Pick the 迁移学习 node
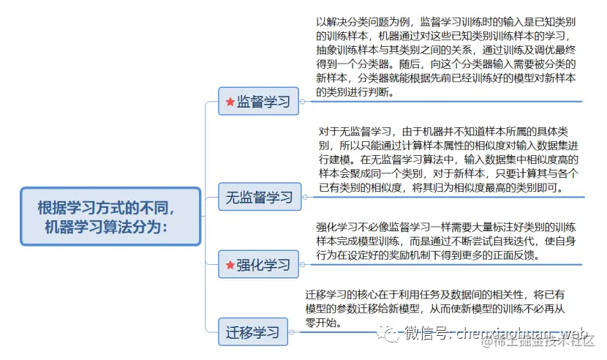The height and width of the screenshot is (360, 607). click(x=252, y=332)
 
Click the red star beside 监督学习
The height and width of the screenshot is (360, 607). click(x=230, y=102)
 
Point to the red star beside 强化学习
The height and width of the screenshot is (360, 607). click(x=230, y=265)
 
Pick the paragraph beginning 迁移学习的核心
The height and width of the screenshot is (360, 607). click(x=439, y=307)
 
